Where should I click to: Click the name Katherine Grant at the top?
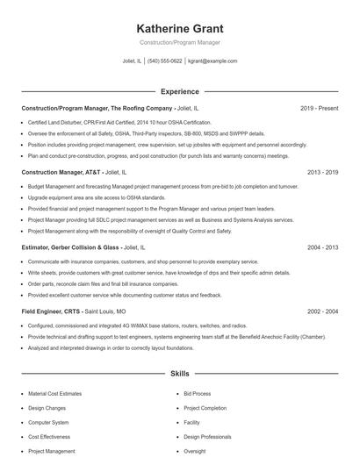179,27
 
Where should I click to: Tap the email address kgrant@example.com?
212,61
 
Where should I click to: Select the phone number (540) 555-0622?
165,61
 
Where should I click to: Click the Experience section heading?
179,90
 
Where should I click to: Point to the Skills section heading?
179,373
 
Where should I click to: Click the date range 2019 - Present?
319,108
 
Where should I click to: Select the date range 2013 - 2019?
322,173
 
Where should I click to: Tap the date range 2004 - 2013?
322,248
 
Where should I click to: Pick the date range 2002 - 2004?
322,311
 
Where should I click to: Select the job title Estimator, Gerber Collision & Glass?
76,248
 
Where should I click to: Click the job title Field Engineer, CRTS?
49,311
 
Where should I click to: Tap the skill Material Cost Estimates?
55,394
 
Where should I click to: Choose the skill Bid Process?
198,394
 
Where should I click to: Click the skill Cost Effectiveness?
48,436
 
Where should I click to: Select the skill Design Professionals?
207,436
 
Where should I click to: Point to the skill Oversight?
195,451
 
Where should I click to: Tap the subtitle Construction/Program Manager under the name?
179,42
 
